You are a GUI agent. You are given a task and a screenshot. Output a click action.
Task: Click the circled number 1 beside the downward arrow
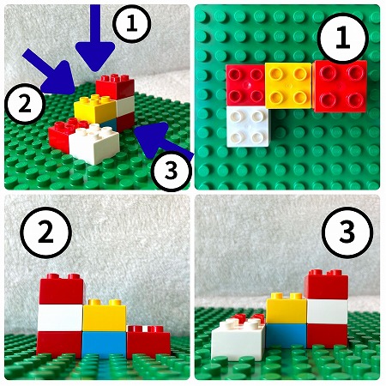[131, 23]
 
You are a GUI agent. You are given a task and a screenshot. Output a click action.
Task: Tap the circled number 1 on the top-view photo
[343, 39]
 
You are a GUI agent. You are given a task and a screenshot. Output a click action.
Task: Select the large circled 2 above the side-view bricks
[45, 233]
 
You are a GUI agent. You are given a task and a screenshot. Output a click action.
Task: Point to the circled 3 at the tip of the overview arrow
[172, 172]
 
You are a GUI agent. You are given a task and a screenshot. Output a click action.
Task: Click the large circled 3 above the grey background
[347, 232]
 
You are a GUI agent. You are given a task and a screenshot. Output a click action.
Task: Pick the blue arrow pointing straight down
[95, 37]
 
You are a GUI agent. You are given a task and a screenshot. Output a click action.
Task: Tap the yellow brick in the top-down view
[288, 86]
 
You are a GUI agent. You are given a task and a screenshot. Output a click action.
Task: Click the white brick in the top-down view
[248, 126]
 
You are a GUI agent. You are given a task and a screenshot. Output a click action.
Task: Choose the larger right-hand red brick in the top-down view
[341, 86]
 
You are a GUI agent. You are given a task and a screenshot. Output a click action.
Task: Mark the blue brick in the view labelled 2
[105, 345]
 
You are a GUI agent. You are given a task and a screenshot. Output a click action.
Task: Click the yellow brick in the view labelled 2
[105, 316]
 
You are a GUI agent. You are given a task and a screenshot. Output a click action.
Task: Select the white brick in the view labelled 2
[60, 317]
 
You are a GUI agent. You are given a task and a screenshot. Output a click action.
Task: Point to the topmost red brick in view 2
[62, 289]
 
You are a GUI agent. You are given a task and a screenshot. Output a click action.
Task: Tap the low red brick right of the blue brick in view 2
[148, 341]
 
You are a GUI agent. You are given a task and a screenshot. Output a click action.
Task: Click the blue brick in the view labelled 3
[286, 335]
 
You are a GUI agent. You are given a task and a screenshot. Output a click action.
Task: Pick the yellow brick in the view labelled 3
[286, 309]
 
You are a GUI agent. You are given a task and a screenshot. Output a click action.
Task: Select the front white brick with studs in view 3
[238, 341]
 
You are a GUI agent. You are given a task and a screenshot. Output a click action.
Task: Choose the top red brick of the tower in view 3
[326, 285]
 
